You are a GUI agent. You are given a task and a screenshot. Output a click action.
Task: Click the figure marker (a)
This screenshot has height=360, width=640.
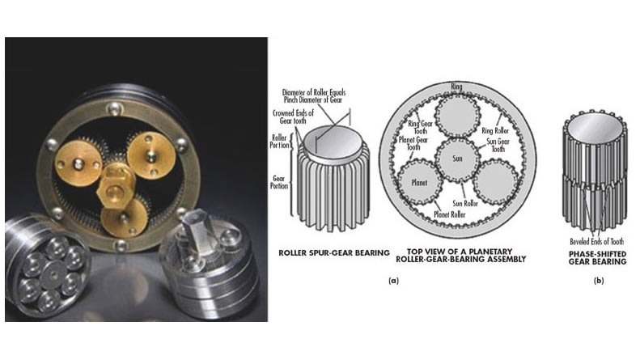click(393, 280)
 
